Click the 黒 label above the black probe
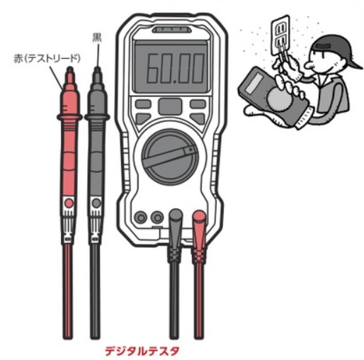coord(97,38)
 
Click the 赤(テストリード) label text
coord(47,59)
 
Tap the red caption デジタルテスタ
coord(142,351)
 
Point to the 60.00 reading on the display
coord(176,68)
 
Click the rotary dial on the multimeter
coord(170,157)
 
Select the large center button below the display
coord(170,106)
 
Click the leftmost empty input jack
coord(141,218)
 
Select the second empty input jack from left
coord(157,218)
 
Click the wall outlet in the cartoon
coord(280,35)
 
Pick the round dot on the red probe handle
coord(69,203)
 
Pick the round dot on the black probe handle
coord(96,203)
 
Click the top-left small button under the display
coord(143,104)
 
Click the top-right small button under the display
coord(198,104)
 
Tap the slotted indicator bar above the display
coord(171,30)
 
